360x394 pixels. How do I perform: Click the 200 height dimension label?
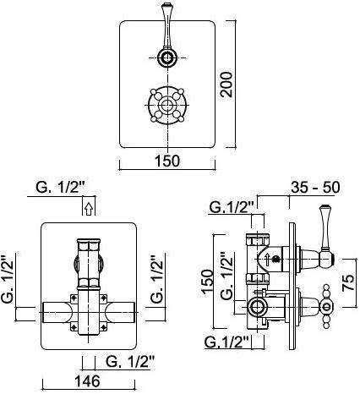point(226,85)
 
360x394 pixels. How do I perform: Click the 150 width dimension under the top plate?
point(167,161)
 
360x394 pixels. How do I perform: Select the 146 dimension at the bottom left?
point(87,380)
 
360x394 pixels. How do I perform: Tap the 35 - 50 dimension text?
point(315,187)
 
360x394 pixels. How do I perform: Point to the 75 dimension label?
point(348,282)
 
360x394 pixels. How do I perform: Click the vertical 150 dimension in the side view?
point(208,282)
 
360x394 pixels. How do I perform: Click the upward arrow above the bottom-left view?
point(89,210)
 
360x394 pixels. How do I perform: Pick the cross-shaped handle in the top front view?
point(167,105)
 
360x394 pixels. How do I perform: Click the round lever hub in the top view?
point(167,57)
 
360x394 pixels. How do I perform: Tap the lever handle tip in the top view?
point(166,5)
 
